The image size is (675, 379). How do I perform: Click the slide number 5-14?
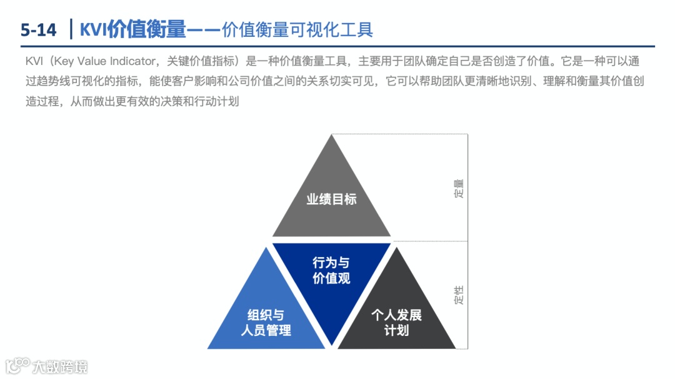pyautogui.click(x=38, y=29)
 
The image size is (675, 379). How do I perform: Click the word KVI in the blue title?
pyautogui.click(x=93, y=29)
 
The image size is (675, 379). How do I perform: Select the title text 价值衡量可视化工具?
pyautogui.click(x=297, y=29)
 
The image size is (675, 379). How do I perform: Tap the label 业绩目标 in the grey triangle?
pyautogui.click(x=331, y=199)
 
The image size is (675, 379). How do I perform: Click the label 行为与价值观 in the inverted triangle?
pyautogui.click(x=331, y=270)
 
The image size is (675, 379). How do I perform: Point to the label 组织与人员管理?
pyautogui.click(x=266, y=322)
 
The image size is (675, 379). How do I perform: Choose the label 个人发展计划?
pyautogui.click(x=397, y=322)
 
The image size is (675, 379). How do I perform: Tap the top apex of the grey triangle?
pyautogui.click(x=332, y=135)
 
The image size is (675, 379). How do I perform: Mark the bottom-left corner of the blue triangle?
pyautogui.click(x=209, y=348)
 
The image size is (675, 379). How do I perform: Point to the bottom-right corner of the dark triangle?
pyautogui.click(x=455, y=348)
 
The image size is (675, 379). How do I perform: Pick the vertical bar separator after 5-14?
pyautogui.click(x=71, y=29)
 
